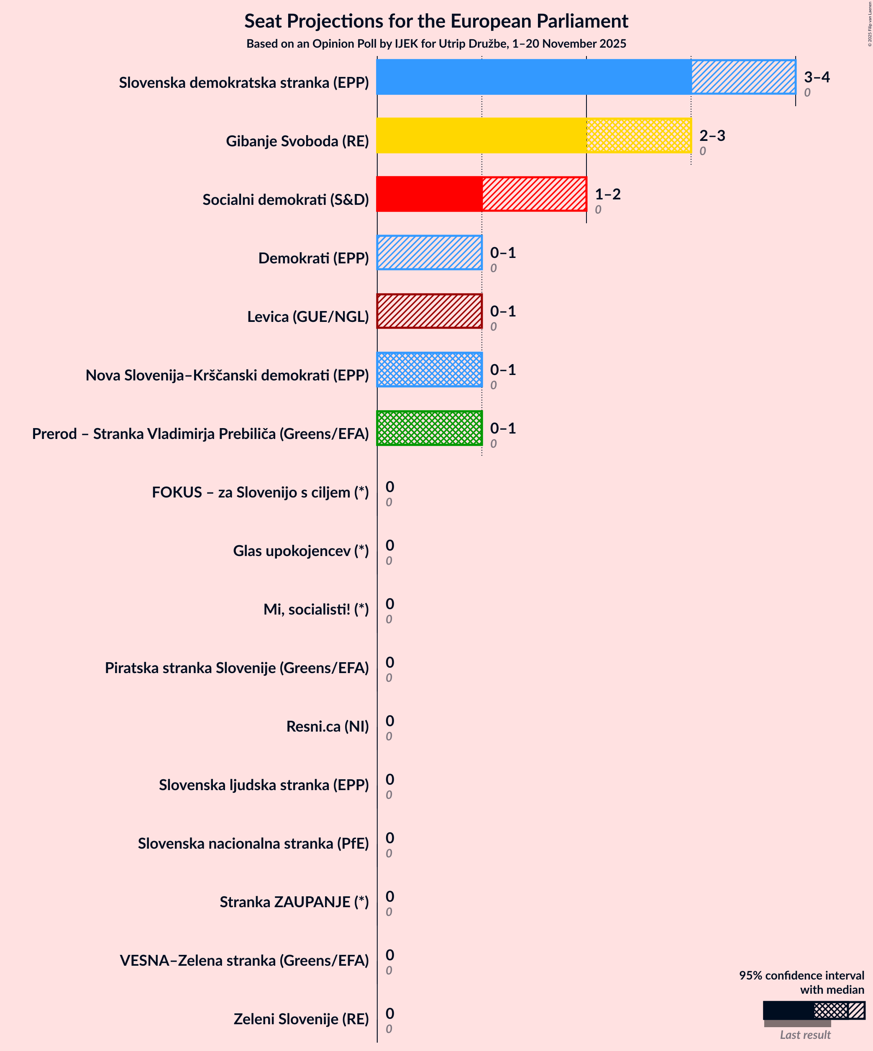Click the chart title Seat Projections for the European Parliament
click(x=436, y=21)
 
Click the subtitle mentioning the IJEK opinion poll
click(x=436, y=44)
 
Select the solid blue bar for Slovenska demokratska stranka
click(x=533, y=77)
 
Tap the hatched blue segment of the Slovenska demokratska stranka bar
click(x=743, y=77)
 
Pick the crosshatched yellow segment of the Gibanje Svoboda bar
click(x=639, y=135)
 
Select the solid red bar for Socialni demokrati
click(x=429, y=194)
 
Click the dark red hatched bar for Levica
click(x=429, y=311)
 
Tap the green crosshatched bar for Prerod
click(x=429, y=429)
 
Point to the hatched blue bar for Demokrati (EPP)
click(x=429, y=253)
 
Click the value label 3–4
click(x=817, y=77)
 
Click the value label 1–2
click(x=607, y=194)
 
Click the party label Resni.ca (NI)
click(x=327, y=726)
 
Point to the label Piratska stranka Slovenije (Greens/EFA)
click(x=236, y=668)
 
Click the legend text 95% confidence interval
click(x=801, y=975)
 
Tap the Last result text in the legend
click(x=805, y=1034)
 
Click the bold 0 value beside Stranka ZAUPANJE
click(x=390, y=896)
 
